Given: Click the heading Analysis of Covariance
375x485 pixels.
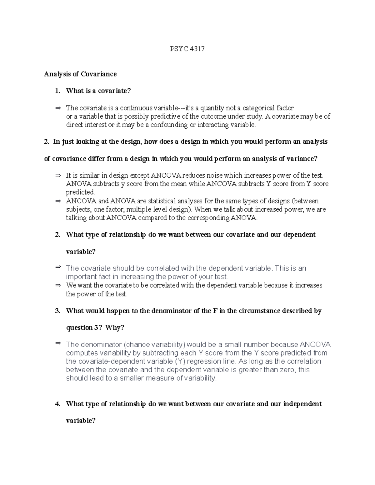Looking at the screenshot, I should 80,74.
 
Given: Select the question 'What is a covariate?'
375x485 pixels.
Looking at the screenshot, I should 98,91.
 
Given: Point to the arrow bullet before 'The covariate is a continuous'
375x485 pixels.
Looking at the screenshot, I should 58,108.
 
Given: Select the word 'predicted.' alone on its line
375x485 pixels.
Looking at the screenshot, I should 80,192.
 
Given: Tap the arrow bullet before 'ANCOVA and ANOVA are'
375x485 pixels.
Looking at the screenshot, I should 58,201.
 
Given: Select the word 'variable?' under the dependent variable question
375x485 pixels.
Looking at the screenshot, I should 81,252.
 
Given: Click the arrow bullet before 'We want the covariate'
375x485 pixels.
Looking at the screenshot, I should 58,285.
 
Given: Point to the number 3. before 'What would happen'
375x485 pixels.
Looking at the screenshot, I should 57,311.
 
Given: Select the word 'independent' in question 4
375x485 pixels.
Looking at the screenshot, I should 302,404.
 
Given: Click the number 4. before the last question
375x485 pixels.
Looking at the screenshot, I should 57,404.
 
